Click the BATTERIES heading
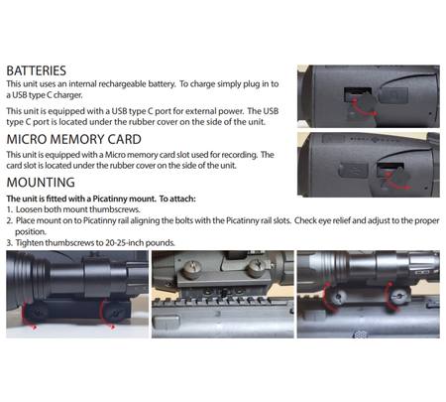click(x=37, y=70)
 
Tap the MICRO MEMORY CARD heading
click(x=74, y=139)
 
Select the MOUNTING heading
click(x=41, y=183)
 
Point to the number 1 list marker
click(x=10, y=209)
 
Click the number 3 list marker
click(x=10, y=243)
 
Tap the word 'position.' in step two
click(x=31, y=232)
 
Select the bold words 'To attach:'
click(x=177, y=199)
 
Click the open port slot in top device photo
click(x=358, y=94)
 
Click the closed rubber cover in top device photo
click(x=393, y=95)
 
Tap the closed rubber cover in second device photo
click(x=354, y=170)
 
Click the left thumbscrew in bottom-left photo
click(x=38, y=312)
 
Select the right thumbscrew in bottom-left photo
click(x=113, y=312)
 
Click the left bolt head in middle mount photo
click(x=191, y=269)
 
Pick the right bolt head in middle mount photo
click(x=257, y=268)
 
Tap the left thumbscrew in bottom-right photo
click(x=337, y=298)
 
